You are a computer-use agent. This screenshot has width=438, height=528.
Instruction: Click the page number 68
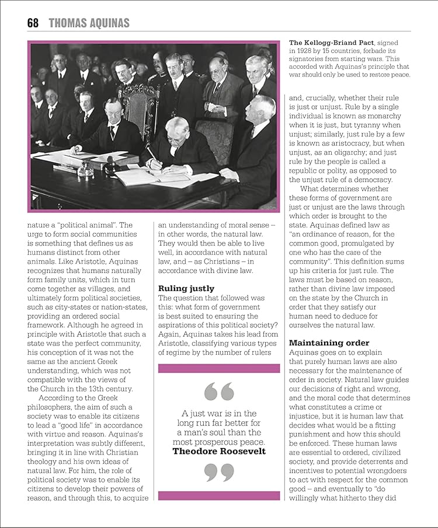(x=33, y=23)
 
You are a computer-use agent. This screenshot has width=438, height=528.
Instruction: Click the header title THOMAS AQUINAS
(x=89, y=23)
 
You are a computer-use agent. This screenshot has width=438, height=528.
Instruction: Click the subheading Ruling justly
(x=186, y=288)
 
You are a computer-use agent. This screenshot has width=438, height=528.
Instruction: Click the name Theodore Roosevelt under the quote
(x=219, y=451)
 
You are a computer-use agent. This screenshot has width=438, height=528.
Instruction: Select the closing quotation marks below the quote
(x=219, y=471)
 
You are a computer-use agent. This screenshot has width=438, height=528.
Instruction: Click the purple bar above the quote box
(x=219, y=368)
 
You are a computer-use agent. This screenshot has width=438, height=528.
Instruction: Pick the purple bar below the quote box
(x=219, y=495)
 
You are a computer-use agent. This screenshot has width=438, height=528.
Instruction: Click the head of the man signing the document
(x=177, y=129)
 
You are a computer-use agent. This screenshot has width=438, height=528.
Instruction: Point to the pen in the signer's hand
(x=151, y=154)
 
